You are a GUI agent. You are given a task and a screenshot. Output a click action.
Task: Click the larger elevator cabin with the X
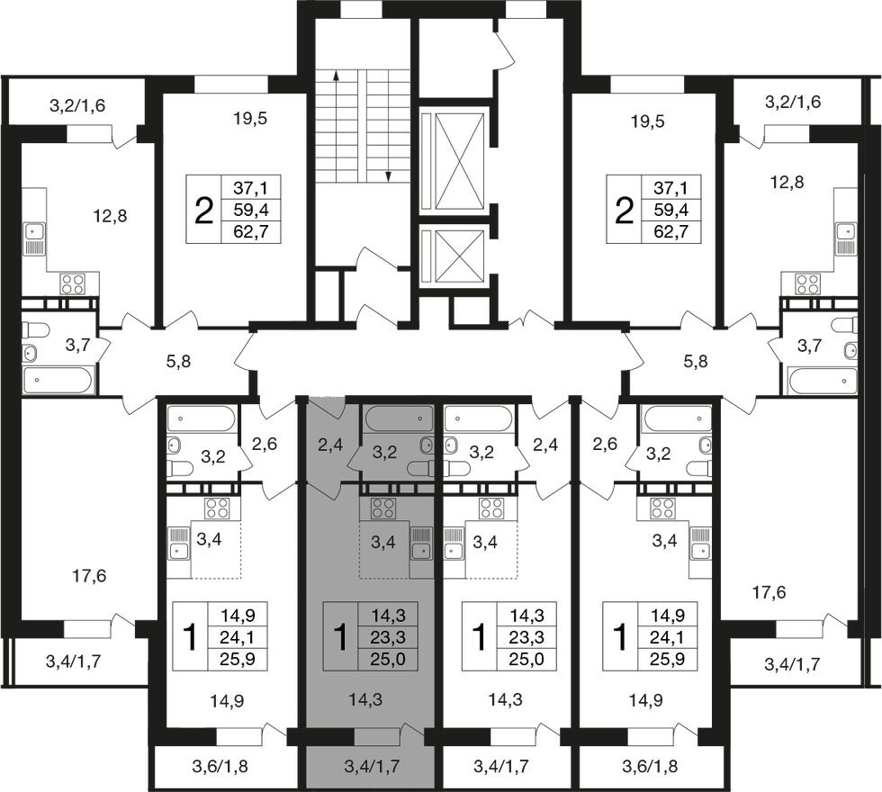(x=460, y=161)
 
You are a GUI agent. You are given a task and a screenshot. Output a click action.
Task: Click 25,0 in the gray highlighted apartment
(x=387, y=658)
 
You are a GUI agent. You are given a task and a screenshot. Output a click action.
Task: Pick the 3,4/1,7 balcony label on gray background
(x=371, y=766)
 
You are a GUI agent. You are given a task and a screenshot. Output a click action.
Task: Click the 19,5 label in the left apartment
(x=249, y=119)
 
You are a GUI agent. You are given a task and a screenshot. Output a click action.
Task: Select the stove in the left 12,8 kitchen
(x=73, y=284)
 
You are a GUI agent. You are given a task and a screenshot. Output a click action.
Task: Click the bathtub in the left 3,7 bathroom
(x=58, y=380)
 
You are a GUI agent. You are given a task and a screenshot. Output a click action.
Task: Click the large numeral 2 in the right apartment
(x=623, y=211)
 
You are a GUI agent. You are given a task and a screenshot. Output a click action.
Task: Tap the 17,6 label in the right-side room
(x=769, y=592)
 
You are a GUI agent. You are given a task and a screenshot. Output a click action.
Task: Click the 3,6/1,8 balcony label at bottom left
(x=220, y=766)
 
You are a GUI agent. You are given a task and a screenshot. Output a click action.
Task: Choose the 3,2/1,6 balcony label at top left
(x=77, y=105)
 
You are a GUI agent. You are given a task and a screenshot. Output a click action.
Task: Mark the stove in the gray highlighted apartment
(x=383, y=508)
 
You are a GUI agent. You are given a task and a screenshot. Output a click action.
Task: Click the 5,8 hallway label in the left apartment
(x=179, y=362)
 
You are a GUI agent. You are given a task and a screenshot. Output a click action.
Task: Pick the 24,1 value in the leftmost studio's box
(x=238, y=637)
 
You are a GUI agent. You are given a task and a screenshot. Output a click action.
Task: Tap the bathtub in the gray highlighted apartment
(x=399, y=418)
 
